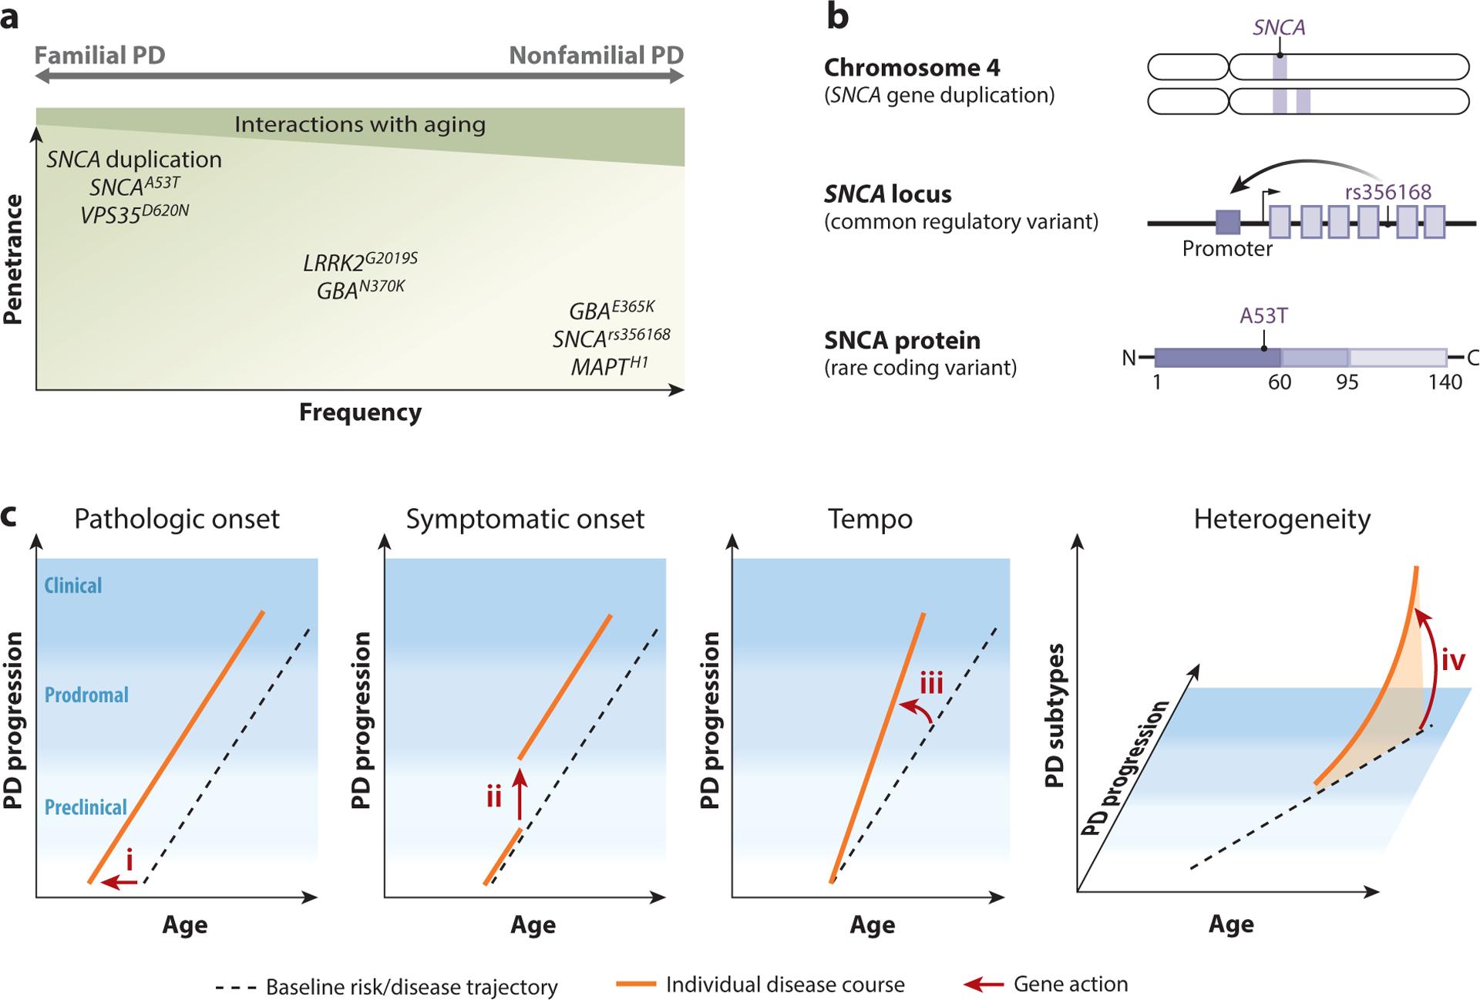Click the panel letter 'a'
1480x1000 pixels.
click(10, 17)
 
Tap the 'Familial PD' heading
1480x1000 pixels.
click(99, 56)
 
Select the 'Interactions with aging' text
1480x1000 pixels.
click(360, 124)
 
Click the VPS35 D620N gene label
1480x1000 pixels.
click(134, 214)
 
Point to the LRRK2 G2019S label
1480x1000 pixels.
click(360, 262)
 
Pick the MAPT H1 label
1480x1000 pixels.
click(609, 365)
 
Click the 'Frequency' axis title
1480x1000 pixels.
click(360, 412)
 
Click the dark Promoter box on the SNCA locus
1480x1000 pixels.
click(1227, 222)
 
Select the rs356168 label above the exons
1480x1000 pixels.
click(1387, 192)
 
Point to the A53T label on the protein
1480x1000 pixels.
click(1263, 316)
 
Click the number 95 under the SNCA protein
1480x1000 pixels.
click(1347, 382)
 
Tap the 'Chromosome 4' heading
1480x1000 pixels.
click(912, 68)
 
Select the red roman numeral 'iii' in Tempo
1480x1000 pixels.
click(932, 683)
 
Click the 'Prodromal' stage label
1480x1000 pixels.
click(86, 695)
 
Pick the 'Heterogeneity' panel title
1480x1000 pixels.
click(1282, 519)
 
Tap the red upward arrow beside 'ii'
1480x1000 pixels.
click(520, 794)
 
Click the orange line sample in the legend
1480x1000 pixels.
click(636, 984)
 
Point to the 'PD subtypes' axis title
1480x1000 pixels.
click(1054, 715)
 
